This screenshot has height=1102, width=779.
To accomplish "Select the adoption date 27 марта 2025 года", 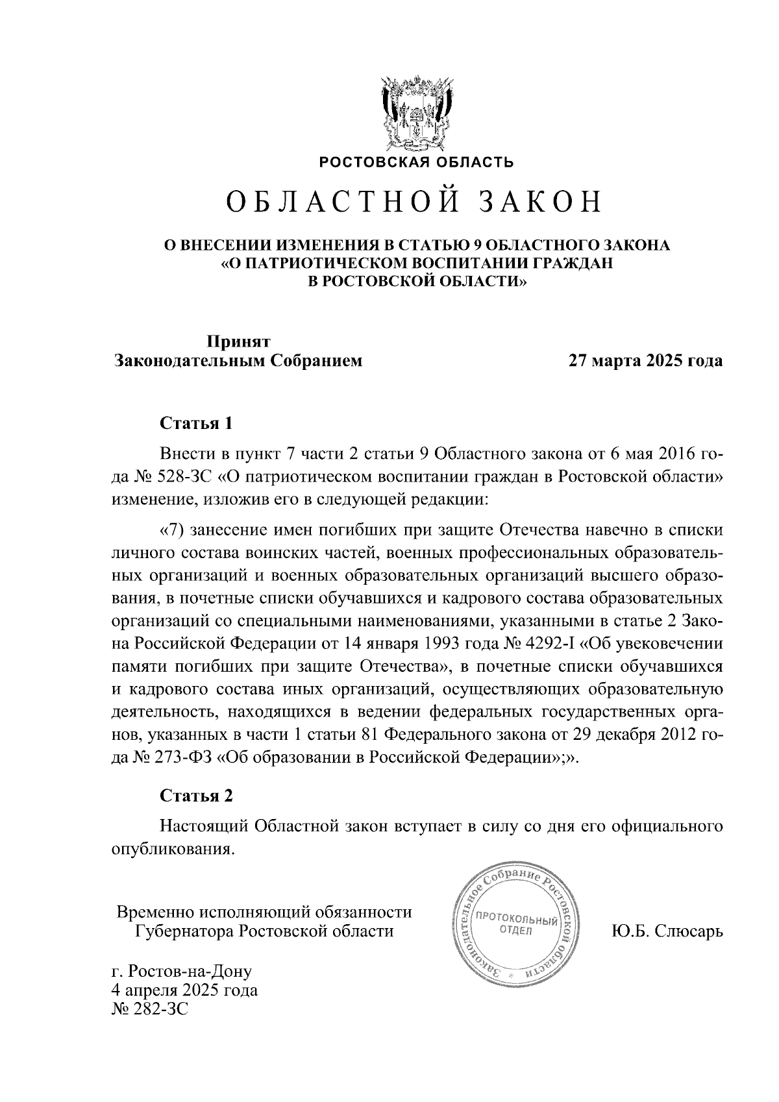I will click(645, 361).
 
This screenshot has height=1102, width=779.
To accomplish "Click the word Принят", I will click(238, 341).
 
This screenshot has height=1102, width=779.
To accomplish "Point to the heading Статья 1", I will click(196, 424).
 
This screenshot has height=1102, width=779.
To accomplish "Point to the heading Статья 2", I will click(196, 796).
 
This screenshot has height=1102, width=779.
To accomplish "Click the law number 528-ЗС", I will click(184, 478).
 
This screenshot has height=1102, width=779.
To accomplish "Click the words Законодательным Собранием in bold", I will click(238, 361).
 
